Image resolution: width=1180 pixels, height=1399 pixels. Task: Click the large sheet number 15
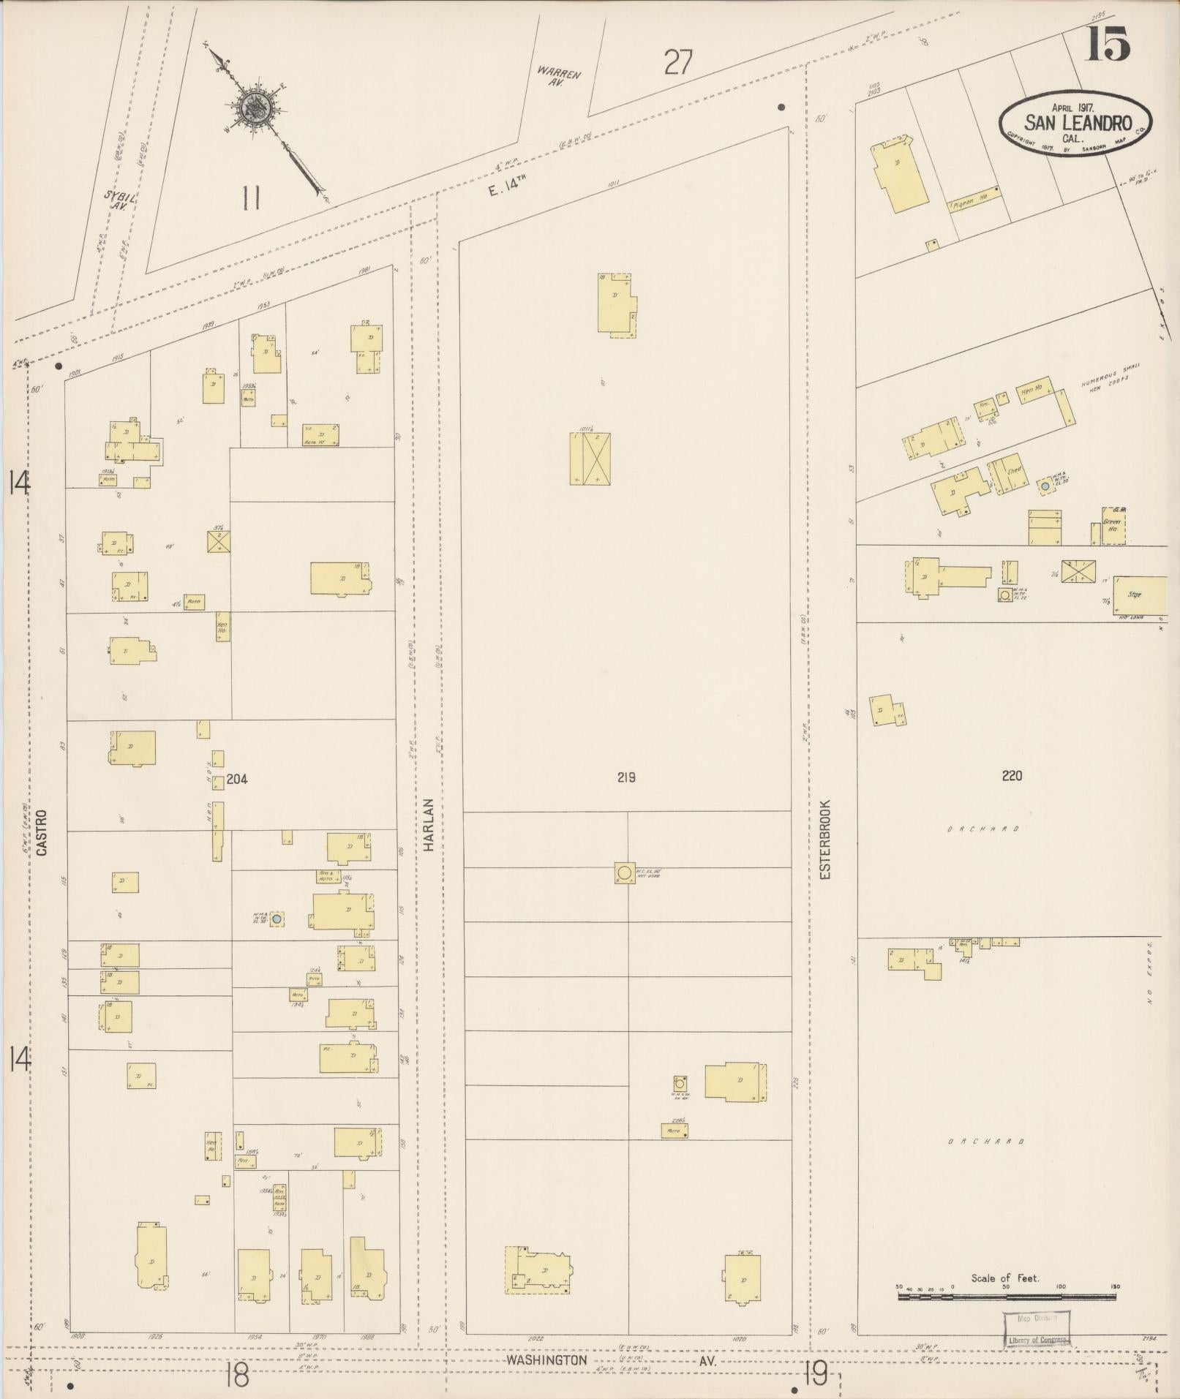[1108, 44]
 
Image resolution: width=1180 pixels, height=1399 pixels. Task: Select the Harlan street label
[429, 823]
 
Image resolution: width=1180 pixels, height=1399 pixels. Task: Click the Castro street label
[42, 832]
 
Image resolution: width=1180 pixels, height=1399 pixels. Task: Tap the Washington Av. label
[548, 1360]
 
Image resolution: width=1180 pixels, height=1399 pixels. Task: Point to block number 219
[625, 777]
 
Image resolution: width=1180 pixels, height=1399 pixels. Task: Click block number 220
[1012, 776]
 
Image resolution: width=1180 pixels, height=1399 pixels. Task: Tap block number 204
[236, 779]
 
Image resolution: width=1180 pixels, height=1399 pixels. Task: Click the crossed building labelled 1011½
[590, 459]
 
